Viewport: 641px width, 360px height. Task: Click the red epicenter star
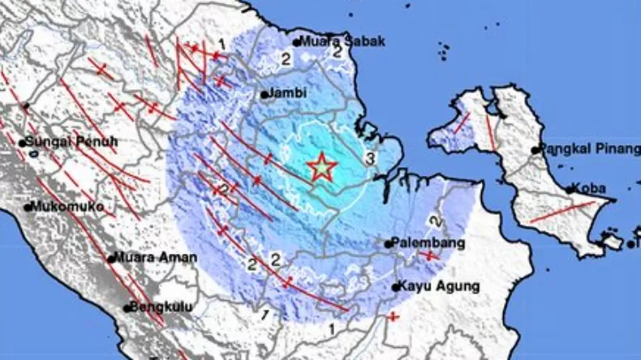(321, 167)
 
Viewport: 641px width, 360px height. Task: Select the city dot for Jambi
(265, 95)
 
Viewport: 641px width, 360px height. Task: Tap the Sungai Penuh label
(71, 143)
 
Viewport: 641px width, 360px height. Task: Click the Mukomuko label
(69, 207)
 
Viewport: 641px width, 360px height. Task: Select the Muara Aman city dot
(110, 259)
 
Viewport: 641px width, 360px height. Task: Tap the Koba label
(590, 188)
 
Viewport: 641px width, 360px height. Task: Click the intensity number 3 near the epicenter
(369, 157)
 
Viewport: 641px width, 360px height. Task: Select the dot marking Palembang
(388, 242)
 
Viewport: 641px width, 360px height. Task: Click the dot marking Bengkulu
(127, 308)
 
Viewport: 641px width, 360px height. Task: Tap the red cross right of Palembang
(429, 255)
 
